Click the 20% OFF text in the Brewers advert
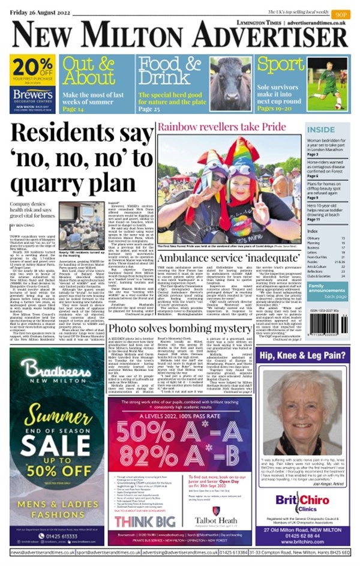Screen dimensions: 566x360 click(x=32, y=65)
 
